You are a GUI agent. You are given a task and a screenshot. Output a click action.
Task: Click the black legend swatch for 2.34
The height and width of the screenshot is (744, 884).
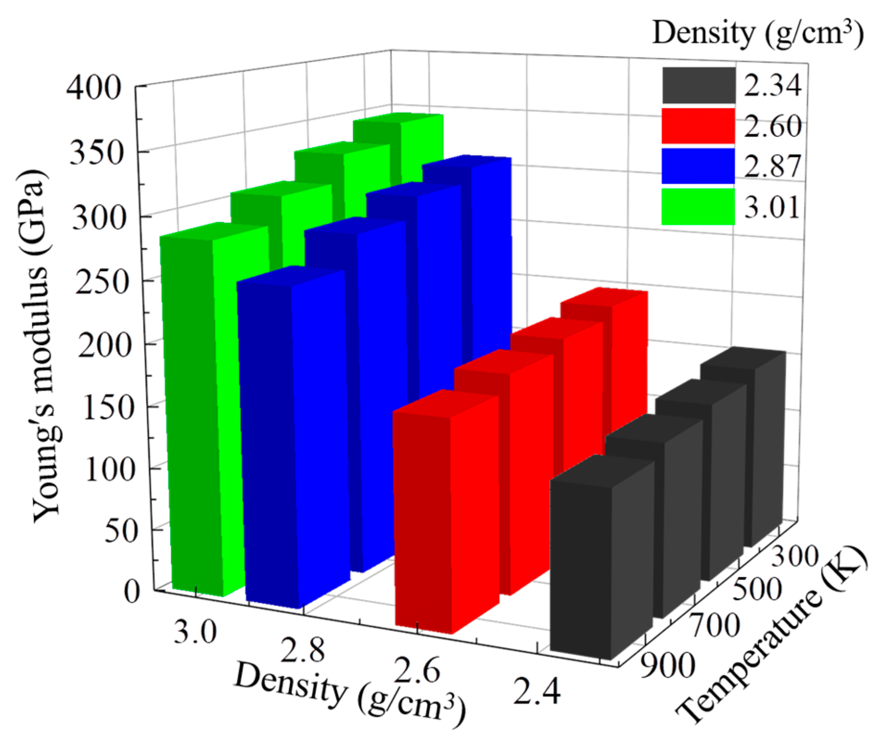coord(698,85)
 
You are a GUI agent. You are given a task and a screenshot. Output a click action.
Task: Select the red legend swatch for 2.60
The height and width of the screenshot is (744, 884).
coord(698,126)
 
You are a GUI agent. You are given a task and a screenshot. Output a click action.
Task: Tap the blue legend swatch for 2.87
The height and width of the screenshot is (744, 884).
coord(698,166)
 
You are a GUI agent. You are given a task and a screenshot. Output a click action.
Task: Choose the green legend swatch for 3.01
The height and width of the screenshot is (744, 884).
coord(698,207)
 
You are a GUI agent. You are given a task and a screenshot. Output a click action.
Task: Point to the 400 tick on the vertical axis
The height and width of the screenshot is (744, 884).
coord(94,87)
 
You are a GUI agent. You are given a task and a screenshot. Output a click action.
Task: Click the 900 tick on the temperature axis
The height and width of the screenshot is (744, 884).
coord(668,666)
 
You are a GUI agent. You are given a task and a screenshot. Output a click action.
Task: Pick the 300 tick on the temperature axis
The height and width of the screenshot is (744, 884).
coord(794,556)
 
